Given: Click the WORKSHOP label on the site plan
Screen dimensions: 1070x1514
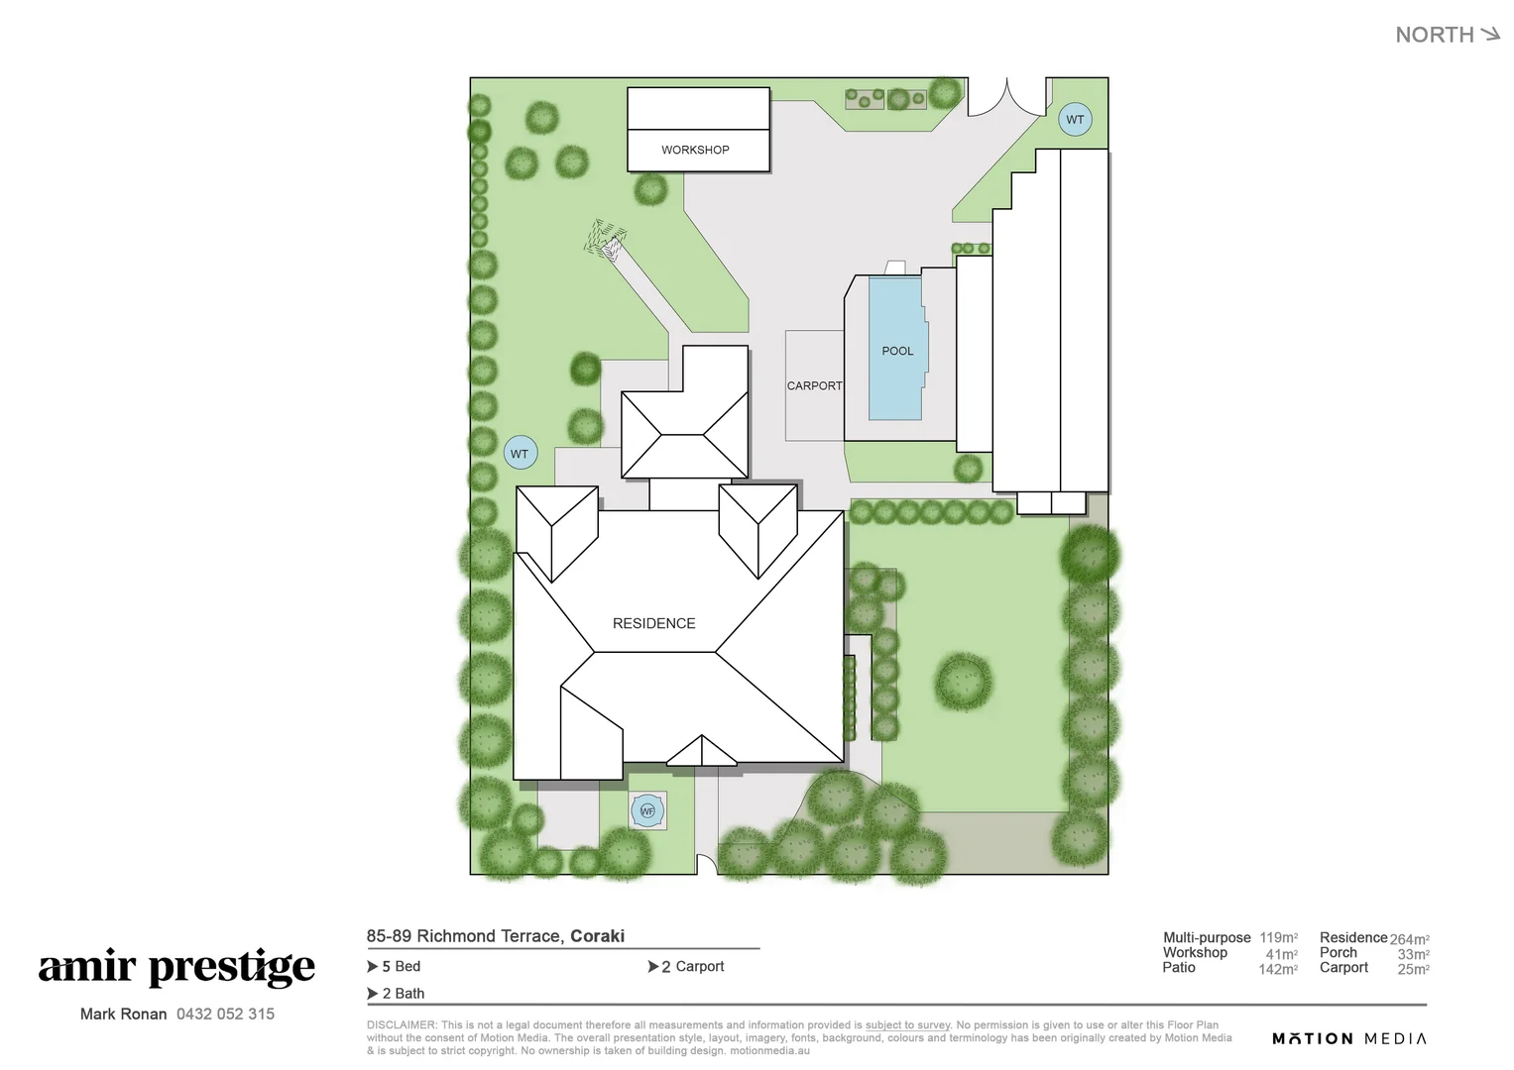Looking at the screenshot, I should (x=695, y=150).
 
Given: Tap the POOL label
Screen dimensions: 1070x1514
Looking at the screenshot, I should (x=897, y=351).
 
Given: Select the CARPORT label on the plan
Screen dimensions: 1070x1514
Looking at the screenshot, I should (x=814, y=385).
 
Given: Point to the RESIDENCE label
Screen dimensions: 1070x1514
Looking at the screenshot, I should (x=653, y=623).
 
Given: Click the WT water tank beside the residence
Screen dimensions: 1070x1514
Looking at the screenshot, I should (x=520, y=454).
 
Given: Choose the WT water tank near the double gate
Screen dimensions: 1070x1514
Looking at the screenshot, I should (x=1075, y=119).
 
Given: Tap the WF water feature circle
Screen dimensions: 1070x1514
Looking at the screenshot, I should (x=647, y=811).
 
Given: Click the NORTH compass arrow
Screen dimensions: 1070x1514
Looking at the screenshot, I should (x=1489, y=35).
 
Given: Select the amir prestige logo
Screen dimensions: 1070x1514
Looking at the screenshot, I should (x=176, y=967).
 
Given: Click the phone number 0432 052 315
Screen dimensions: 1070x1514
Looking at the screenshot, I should (x=225, y=1014).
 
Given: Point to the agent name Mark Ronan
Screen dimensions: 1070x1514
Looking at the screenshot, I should (x=123, y=1014).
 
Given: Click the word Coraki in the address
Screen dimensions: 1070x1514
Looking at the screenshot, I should (x=597, y=936).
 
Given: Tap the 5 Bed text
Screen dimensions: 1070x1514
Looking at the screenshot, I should (x=401, y=966).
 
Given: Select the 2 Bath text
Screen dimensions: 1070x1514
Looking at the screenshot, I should (x=403, y=993).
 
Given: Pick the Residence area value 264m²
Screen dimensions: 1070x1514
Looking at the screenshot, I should (x=1409, y=939).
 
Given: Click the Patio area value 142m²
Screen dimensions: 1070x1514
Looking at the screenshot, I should (x=1278, y=969).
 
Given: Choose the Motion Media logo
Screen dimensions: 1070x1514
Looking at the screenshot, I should (x=1349, y=1038).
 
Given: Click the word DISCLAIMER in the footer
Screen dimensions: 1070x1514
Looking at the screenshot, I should (x=401, y=1025).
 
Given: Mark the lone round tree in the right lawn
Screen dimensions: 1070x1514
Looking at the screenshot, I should (x=964, y=681).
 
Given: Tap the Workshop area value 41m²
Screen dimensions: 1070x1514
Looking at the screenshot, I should (x=1281, y=954).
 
